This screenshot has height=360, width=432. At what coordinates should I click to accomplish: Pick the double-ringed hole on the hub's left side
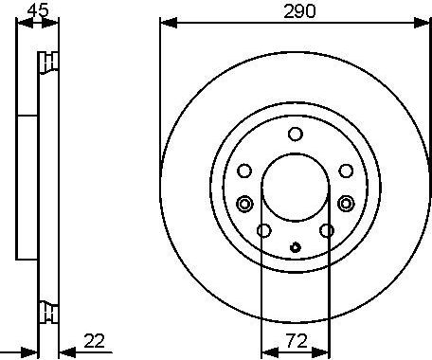(244, 203)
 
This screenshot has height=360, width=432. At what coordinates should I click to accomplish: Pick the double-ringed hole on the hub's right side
(346, 203)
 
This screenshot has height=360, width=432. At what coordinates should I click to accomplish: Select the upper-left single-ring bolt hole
(244, 171)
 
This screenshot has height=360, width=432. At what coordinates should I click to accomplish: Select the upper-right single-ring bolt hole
(345, 171)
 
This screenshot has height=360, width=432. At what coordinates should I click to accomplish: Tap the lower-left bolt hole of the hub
(264, 231)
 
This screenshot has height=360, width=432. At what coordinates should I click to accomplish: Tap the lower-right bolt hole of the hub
(326, 231)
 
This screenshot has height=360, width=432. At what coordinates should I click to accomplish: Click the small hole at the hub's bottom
(295, 249)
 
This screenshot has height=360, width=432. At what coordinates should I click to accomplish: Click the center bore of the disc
(295, 189)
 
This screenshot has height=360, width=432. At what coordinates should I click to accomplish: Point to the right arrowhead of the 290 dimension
(425, 21)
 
